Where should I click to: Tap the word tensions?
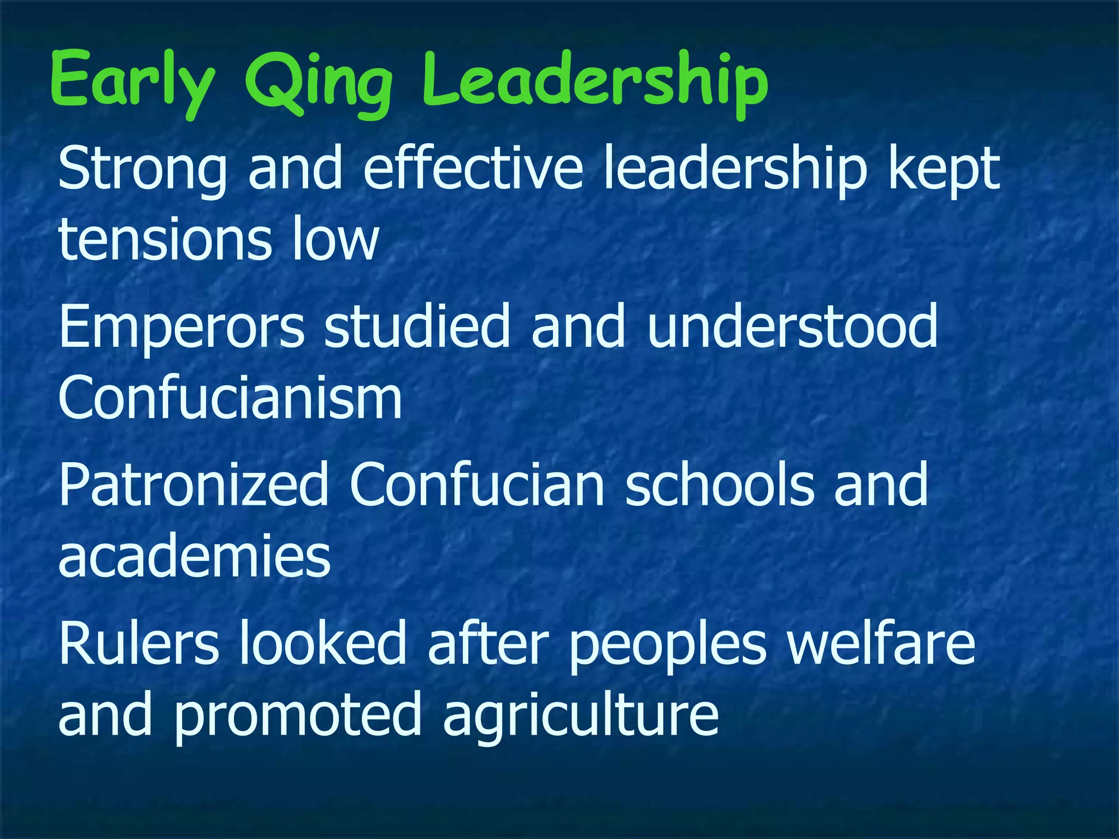tap(164, 238)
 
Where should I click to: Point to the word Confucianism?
tap(230, 397)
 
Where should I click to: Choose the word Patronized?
tap(193, 484)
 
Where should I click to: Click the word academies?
tap(195, 556)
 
